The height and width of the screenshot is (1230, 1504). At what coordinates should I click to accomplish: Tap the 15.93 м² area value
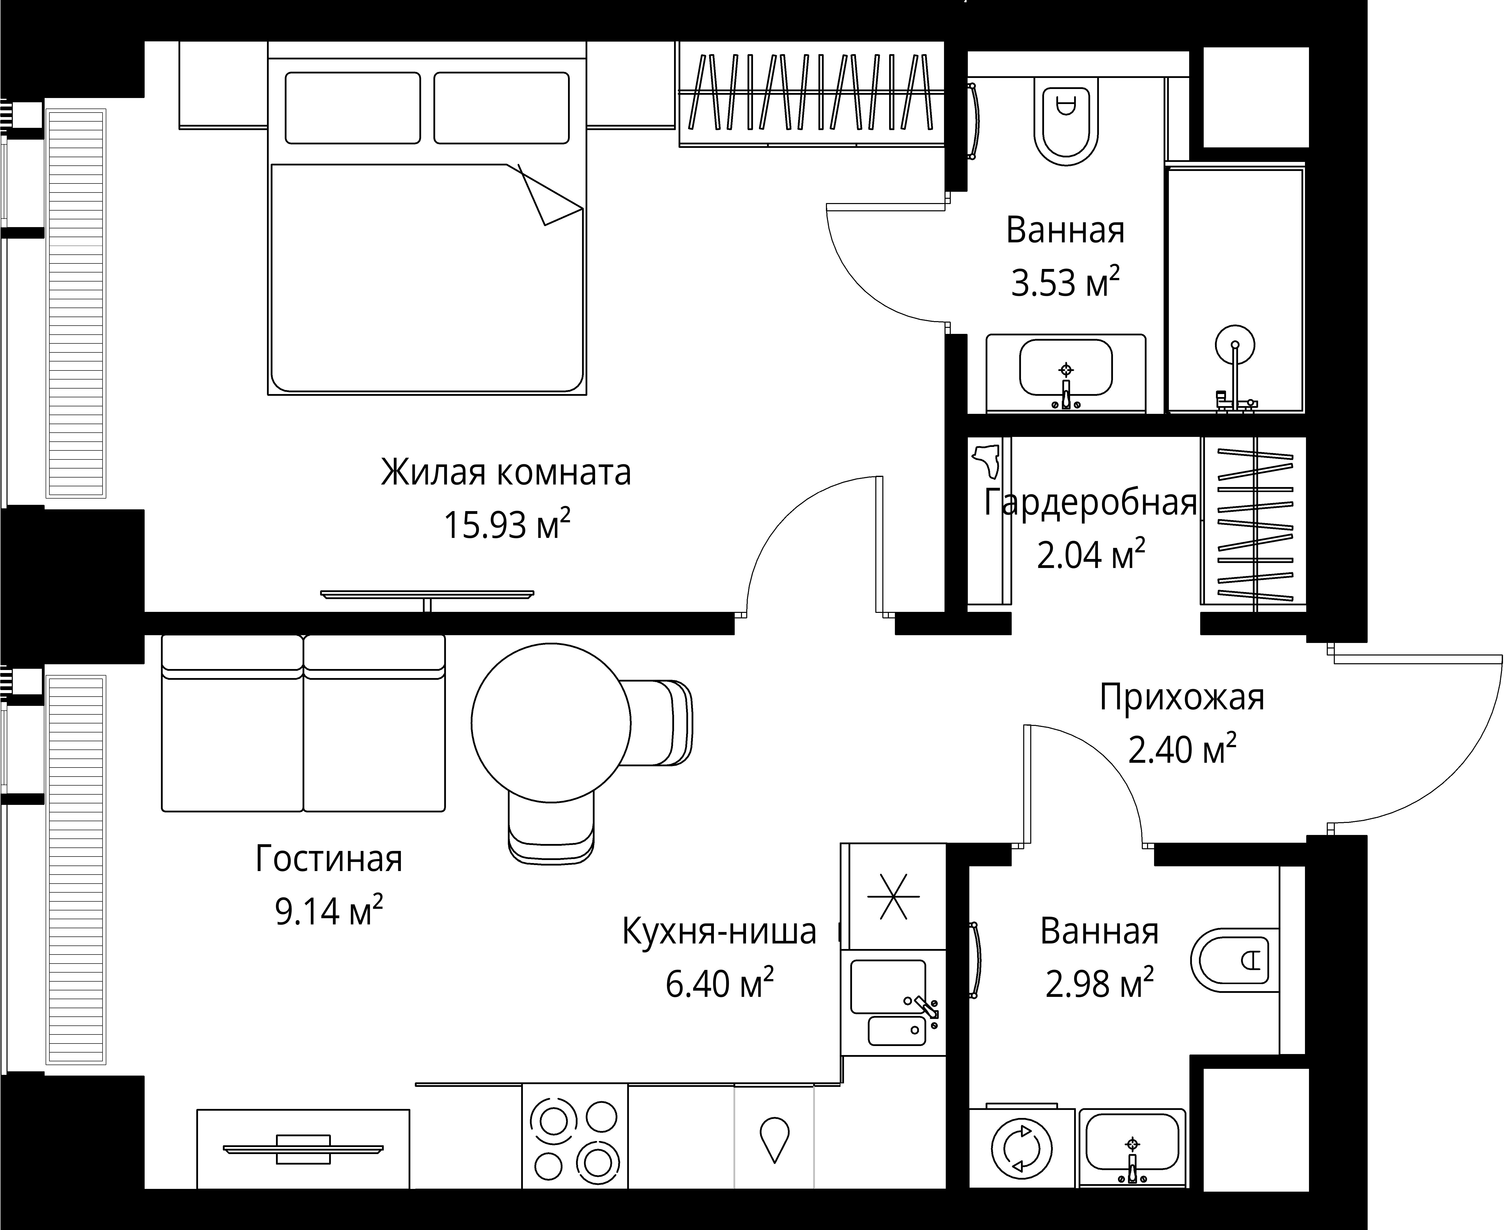tap(506, 525)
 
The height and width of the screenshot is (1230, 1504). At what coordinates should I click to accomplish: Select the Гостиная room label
tap(329, 859)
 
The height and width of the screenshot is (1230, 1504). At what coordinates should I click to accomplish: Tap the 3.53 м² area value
tap(1065, 283)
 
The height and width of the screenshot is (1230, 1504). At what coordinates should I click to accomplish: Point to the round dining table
tap(550, 723)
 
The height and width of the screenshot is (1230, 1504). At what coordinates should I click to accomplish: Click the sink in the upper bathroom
tap(1065, 367)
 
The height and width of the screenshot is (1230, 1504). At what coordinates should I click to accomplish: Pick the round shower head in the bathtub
tap(1235, 345)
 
